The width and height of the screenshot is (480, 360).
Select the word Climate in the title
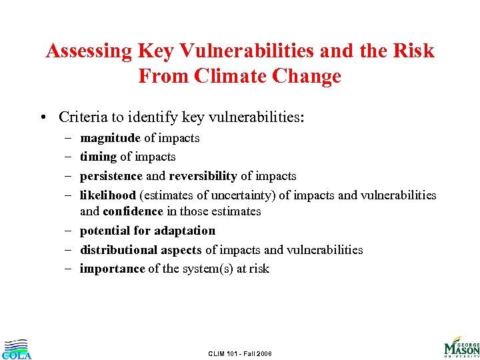coord(237,76)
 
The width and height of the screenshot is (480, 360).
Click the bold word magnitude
coord(110,138)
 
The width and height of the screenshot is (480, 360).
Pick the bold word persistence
coord(111,176)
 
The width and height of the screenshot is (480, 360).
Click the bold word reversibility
coord(203,176)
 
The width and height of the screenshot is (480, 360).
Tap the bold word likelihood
coord(107,195)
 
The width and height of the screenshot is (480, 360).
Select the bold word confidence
coord(131,211)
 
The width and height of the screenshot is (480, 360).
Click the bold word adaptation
coord(183,231)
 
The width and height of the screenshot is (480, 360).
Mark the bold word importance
coord(112,269)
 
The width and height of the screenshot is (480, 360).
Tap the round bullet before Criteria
coord(43,118)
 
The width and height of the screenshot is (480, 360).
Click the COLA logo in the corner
coord(16,349)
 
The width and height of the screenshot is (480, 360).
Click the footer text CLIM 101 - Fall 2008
coord(240,353)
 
